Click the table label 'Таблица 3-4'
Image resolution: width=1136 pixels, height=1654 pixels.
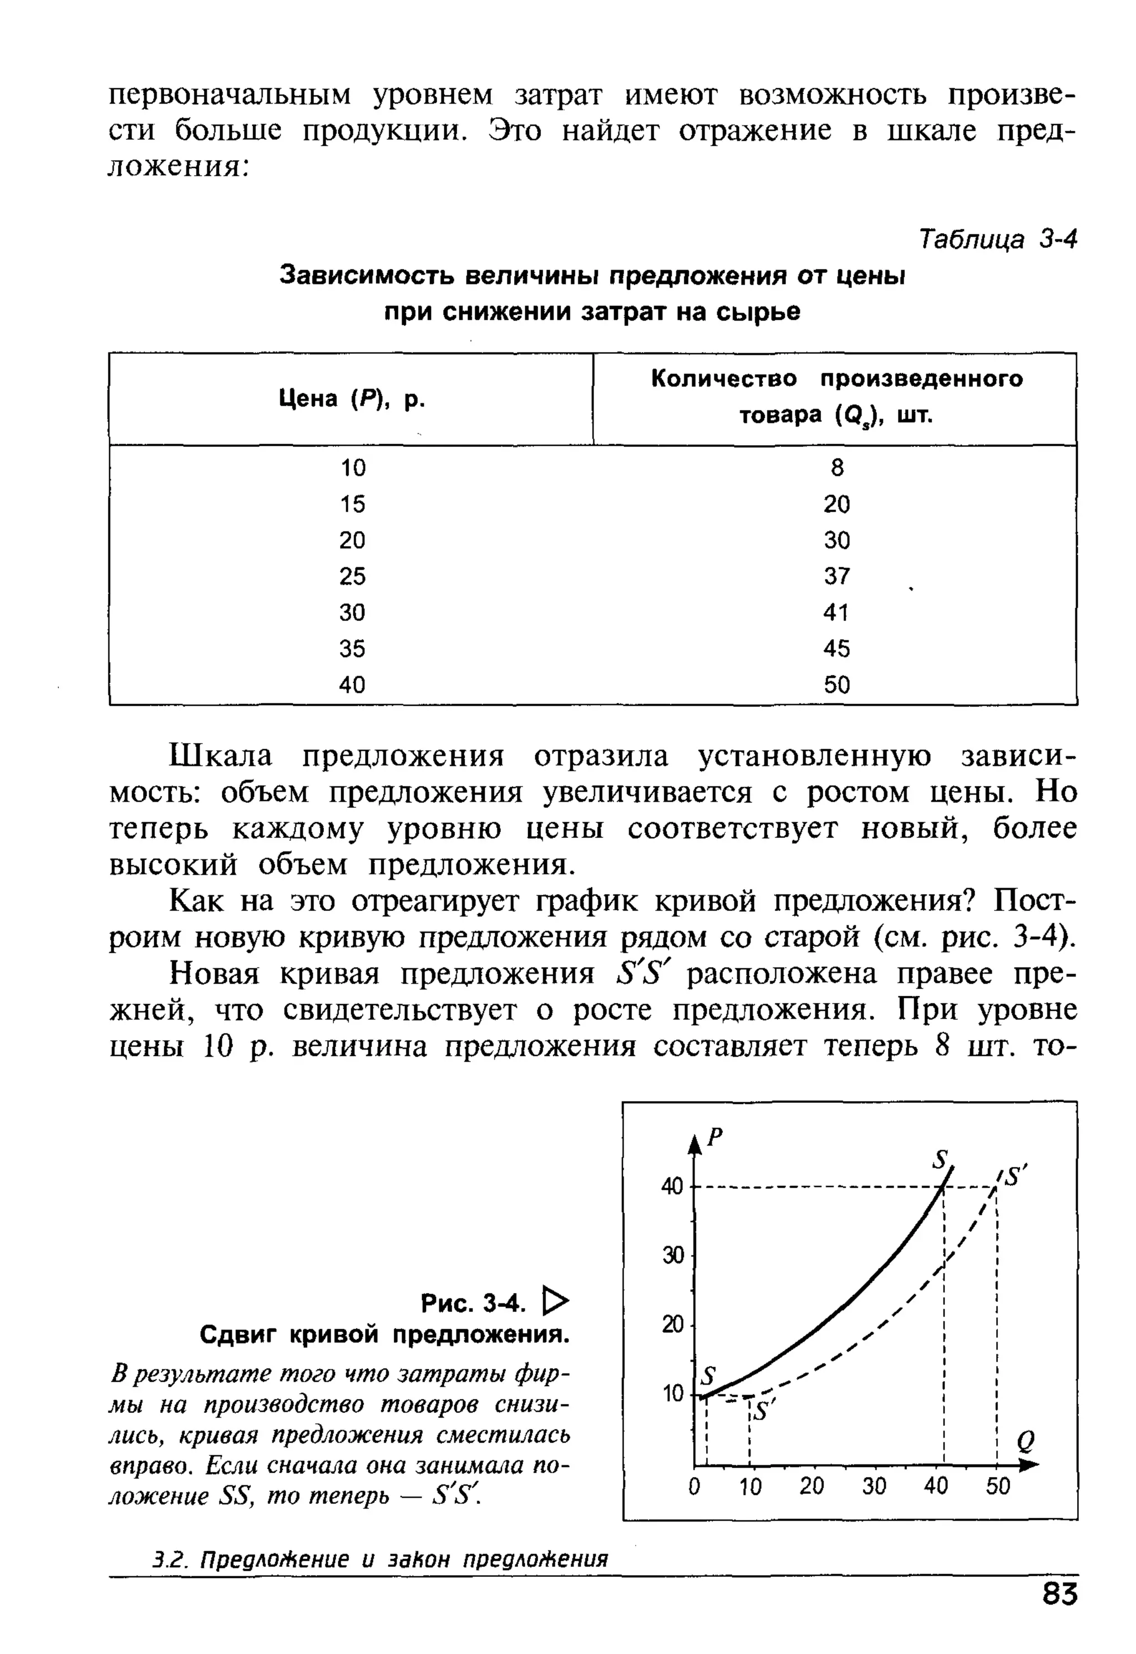998,239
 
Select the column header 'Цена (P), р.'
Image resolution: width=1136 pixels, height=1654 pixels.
352,399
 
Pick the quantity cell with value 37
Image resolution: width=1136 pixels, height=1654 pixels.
836,576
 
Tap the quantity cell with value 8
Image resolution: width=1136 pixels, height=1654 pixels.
836,467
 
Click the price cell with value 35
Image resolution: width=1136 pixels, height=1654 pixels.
352,648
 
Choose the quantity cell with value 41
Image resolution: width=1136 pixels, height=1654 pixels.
836,612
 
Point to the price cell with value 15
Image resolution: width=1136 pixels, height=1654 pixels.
352,504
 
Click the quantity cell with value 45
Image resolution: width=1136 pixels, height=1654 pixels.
836,648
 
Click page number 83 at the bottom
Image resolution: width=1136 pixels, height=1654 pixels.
1059,1614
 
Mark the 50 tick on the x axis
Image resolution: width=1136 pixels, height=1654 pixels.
998,1486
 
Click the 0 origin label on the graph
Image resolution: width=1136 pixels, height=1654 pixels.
694,1486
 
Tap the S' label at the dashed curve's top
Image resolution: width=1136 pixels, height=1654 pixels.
1015,1177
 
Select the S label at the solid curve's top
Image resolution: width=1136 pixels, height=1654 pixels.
942,1159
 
